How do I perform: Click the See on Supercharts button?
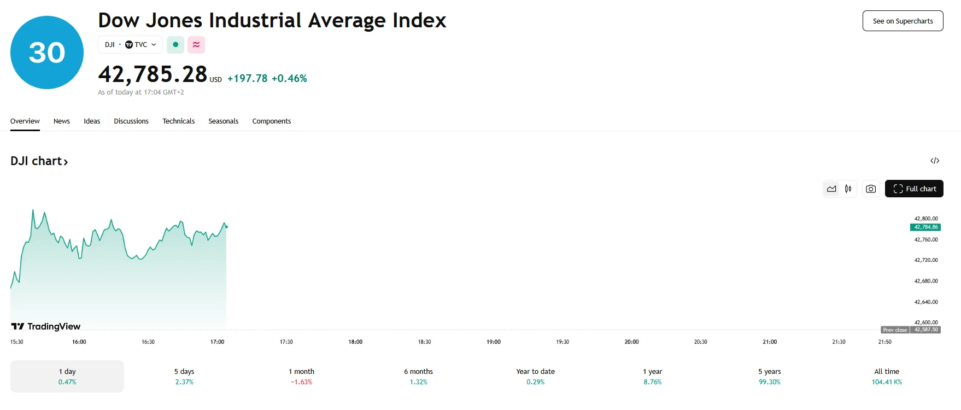[x=903, y=21]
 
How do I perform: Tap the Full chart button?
[x=914, y=189]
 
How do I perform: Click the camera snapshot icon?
[x=871, y=189]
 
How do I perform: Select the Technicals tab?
[x=178, y=121]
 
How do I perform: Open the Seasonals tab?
[x=223, y=121]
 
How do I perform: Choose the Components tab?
[x=271, y=121]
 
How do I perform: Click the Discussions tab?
[x=131, y=121]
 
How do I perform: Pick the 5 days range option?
[x=184, y=376]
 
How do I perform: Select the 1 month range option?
[x=301, y=376]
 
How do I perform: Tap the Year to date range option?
[x=535, y=376]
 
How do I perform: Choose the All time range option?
[x=886, y=376]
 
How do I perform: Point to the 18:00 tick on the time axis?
[x=355, y=342]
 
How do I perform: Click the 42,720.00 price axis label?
[x=925, y=260]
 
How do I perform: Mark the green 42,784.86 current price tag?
[x=925, y=227]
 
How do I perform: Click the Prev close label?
[x=895, y=330]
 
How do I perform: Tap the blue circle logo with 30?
[x=47, y=52]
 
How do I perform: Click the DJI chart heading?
[x=39, y=161]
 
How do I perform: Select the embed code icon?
[x=935, y=161]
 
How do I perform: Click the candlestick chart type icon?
[x=848, y=189]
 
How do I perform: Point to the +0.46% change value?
[x=289, y=79]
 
